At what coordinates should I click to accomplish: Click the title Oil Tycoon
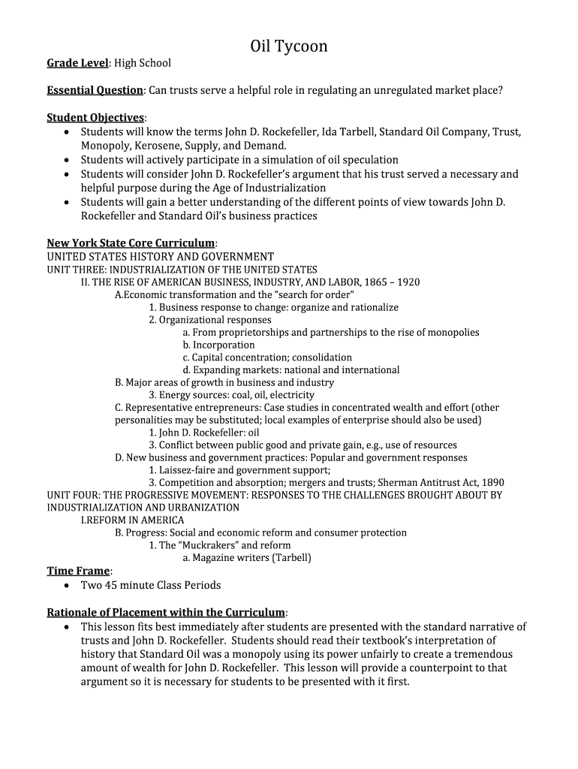click(x=289, y=47)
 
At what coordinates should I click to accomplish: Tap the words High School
click(x=143, y=63)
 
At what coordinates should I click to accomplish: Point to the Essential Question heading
click(x=95, y=90)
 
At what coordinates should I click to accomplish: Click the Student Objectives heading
click(x=95, y=118)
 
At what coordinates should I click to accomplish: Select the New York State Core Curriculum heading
click(x=131, y=243)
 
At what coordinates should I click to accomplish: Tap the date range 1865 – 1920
click(x=392, y=282)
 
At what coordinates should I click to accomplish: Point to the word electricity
click(x=292, y=395)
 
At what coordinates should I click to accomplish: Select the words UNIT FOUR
click(x=72, y=496)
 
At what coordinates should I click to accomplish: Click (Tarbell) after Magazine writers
click(x=291, y=558)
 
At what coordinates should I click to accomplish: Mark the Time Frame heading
click(x=78, y=571)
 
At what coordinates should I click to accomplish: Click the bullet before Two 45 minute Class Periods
click(x=68, y=585)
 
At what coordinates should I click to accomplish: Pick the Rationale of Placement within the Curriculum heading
click(x=166, y=612)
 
